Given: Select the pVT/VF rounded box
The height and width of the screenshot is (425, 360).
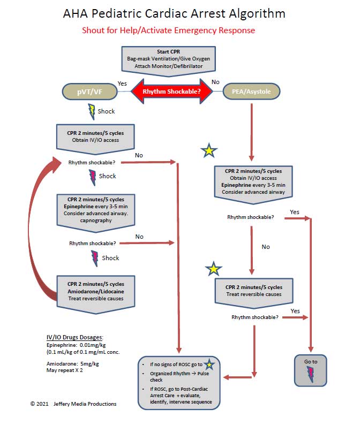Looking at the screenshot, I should pos(90,91).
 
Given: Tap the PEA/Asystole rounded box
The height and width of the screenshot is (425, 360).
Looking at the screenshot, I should pos(251,91).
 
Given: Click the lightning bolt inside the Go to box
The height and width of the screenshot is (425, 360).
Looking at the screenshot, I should pos(310,374).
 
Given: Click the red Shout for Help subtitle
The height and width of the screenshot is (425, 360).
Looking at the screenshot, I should pos(168,30).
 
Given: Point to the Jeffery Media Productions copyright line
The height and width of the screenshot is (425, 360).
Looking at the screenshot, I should pos(73,404).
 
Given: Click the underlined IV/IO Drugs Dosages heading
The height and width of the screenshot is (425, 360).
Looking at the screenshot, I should pos(75,337).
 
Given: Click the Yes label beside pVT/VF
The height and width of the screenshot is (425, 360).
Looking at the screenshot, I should pos(122,84).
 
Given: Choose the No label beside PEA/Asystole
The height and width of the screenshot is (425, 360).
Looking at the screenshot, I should pos(216,82).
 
